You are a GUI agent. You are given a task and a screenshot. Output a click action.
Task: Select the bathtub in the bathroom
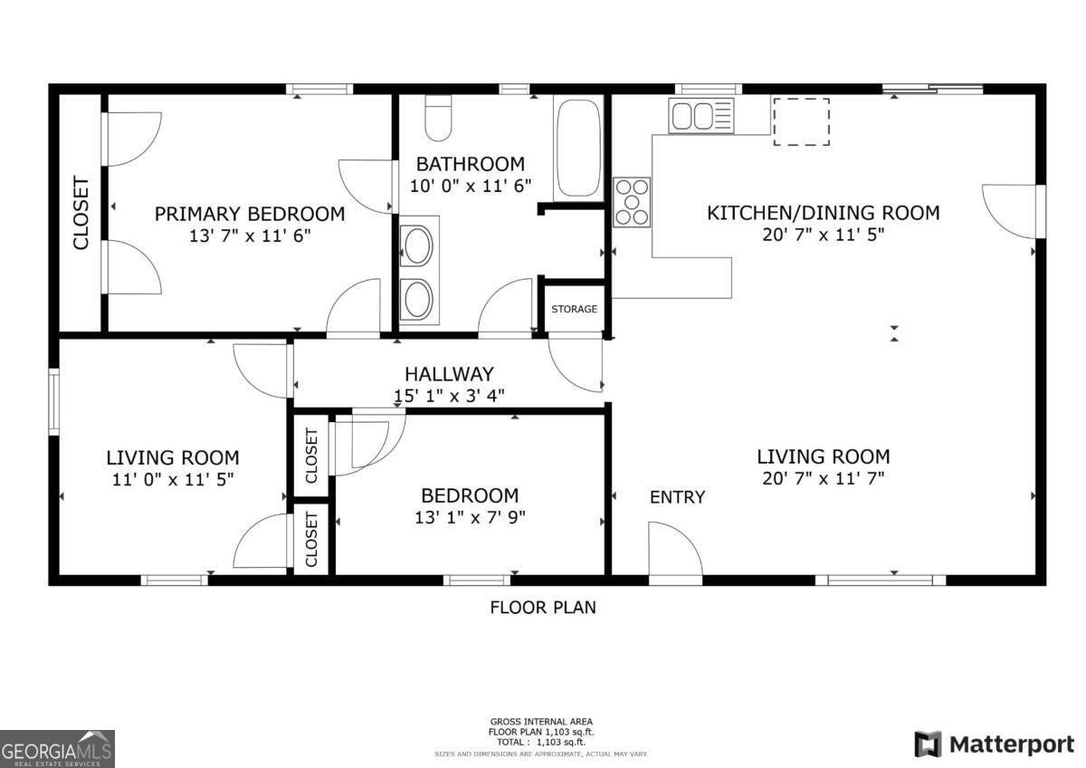point(579,149)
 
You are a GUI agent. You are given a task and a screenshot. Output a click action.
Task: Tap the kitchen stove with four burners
point(632,201)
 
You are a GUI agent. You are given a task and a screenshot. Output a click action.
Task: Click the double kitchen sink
point(701,116)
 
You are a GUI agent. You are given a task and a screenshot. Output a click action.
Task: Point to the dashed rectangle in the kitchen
point(801,120)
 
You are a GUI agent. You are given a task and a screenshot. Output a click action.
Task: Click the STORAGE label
point(575,309)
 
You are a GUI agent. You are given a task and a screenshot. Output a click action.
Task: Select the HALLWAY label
point(449,373)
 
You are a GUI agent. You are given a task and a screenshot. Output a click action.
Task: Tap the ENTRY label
point(677,497)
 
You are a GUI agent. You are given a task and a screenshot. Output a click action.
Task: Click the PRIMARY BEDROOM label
point(250,214)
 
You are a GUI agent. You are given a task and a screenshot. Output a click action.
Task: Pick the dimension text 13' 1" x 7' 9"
point(470,517)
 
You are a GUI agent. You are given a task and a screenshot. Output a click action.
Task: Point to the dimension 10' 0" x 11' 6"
point(470,185)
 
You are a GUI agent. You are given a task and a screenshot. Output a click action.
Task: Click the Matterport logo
point(995,744)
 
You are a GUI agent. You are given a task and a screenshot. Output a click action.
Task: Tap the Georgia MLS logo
point(58,748)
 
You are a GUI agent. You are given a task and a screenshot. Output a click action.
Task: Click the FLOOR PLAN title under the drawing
point(543,608)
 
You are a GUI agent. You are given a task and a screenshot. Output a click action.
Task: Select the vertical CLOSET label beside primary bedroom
point(81,213)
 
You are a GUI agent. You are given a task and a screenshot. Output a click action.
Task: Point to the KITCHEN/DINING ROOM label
point(823,213)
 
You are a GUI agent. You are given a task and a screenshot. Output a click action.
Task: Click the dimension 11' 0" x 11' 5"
point(173,480)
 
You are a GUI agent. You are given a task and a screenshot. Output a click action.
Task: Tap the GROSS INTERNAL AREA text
point(542,721)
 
